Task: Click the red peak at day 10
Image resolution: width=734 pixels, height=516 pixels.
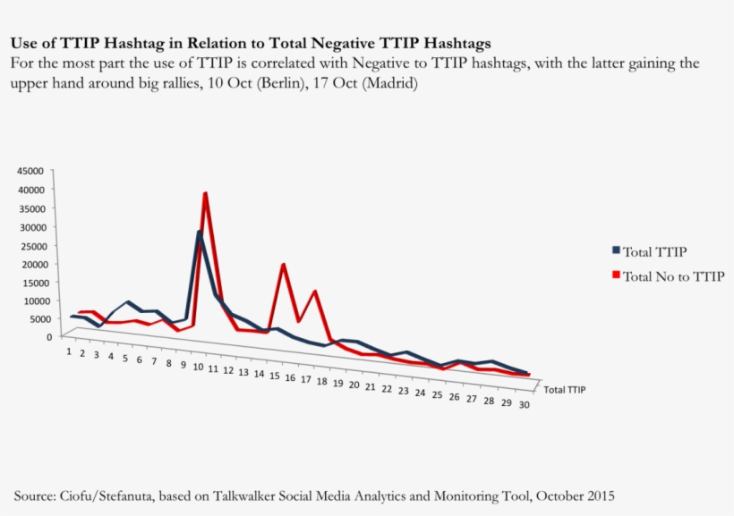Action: (206, 193)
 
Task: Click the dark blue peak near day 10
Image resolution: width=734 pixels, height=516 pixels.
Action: (200, 232)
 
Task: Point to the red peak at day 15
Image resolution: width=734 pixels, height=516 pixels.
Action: (283, 264)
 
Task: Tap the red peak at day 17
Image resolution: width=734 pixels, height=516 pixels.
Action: (315, 291)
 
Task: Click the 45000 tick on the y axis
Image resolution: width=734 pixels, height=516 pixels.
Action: (30, 170)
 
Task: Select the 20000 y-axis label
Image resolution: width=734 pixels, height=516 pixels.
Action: (30, 264)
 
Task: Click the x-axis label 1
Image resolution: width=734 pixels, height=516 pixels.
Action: (69, 351)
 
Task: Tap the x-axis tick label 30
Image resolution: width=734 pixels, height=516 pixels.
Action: (523, 405)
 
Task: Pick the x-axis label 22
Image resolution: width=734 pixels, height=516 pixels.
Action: (387, 389)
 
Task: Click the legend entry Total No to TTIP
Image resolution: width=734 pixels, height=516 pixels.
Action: (673, 276)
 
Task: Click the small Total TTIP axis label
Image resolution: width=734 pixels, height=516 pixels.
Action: (565, 390)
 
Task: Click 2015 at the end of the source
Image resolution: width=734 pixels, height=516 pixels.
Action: (599, 495)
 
